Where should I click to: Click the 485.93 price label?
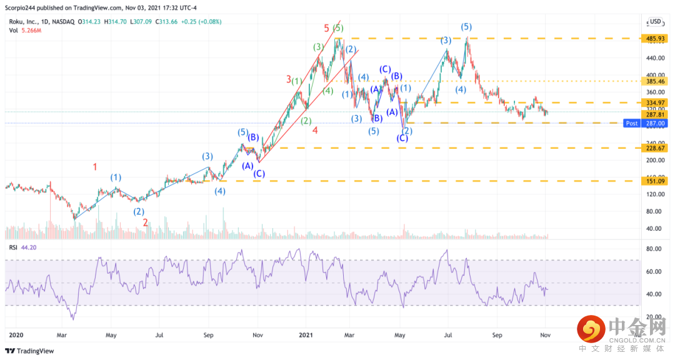pos(654,38)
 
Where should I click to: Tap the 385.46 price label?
pos(654,81)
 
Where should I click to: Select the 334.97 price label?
pos(654,102)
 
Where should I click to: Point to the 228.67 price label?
pos(654,148)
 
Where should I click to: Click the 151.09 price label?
pos(654,181)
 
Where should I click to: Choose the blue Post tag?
pos(632,124)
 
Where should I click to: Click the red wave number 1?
pos(95,167)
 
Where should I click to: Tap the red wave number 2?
pos(145,222)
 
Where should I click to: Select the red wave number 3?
pos(289,79)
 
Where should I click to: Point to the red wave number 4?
pos(315,130)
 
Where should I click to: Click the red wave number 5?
pos(327,28)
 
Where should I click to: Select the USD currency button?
pos(654,22)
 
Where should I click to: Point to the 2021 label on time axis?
pos(306,335)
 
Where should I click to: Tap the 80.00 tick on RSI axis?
pos(654,249)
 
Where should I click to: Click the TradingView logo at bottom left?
pos(31,351)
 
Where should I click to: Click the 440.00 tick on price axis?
pos(654,58)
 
